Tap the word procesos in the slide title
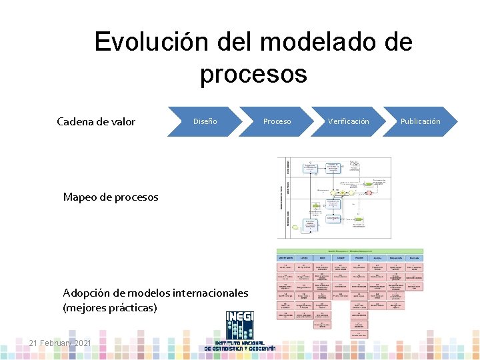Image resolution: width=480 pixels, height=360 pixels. pos(253,73)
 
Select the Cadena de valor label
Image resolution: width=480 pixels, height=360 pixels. pos(96,121)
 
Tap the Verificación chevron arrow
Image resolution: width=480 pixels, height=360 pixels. pos(348,121)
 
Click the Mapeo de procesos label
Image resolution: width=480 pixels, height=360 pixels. pos(111,197)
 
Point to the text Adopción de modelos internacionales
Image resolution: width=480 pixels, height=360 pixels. pos(155,293)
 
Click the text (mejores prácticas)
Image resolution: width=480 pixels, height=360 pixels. pos(110,308)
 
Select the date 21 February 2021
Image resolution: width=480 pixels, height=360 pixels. pos(61,343)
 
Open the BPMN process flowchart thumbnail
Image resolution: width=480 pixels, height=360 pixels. pos(334,198)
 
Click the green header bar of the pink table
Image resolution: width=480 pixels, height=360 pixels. pos(349,251)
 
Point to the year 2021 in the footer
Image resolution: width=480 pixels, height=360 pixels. pos(83,343)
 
